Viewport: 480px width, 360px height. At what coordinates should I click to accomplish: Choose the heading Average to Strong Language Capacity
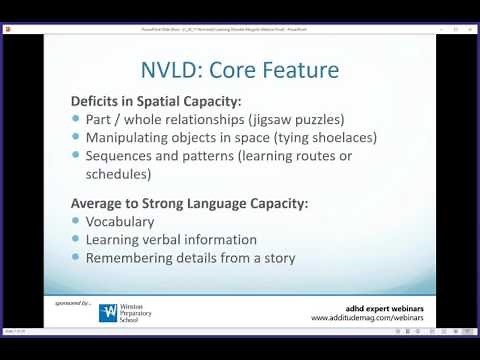pyautogui.click(x=189, y=203)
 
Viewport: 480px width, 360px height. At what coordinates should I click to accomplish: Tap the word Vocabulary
pyautogui.click(x=120, y=221)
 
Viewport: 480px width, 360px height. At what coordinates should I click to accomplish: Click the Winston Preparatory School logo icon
pyautogui.click(x=108, y=312)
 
